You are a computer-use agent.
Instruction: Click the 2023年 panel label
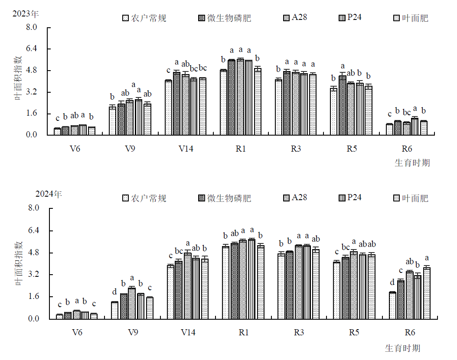click(26, 14)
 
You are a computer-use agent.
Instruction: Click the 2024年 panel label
click(49, 194)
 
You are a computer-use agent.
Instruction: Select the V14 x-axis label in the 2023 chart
click(186, 149)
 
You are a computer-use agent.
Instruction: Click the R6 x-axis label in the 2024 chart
click(410, 333)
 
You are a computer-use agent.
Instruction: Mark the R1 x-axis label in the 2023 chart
click(241, 149)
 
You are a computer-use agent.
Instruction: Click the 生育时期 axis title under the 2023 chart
click(412, 163)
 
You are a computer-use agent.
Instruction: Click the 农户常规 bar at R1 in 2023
click(223, 102)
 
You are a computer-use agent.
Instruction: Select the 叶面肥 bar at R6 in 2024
click(427, 293)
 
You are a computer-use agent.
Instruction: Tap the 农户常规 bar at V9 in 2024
click(114, 310)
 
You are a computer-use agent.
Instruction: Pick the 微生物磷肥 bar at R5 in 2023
click(342, 105)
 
